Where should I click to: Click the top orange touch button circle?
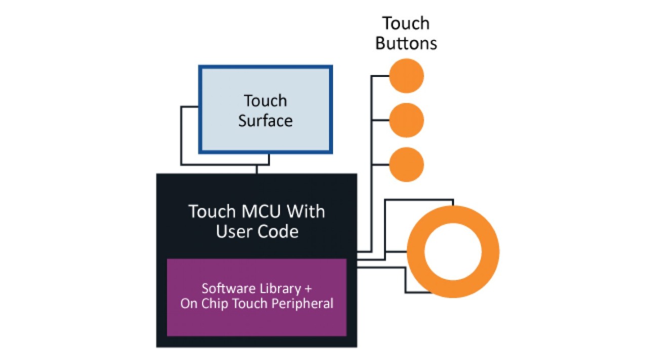coord(406,76)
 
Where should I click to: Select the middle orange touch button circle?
coord(406,120)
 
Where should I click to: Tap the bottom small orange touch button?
coord(406,165)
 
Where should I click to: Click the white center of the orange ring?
coord(453,252)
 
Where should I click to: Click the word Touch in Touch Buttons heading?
coord(406,23)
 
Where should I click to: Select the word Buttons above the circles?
coord(406,43)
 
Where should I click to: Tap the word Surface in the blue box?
coord(265,121)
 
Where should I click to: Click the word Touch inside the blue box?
coord(265,101)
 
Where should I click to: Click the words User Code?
coord(257,231)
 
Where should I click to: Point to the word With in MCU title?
coord(309,211)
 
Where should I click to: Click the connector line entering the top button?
coord(380,76)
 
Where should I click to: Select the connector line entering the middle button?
coord(380,120)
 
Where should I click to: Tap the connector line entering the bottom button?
coord(380,165)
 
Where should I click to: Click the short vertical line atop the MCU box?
coord(257,170)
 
